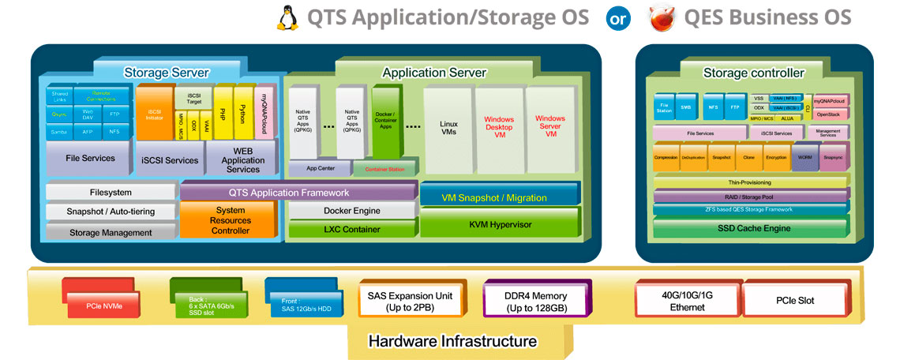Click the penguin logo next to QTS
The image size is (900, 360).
click(288, 17)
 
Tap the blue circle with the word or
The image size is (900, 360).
click(617, 17)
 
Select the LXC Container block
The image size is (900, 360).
click(351, 230)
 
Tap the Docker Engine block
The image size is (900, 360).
click(351, 211)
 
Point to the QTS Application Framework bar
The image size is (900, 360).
click(299, 192)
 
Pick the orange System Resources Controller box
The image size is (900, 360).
click(230, 220)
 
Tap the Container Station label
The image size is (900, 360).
click(384, 168)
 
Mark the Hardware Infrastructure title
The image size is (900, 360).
click(452, 342)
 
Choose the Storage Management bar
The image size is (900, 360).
click(111, 233)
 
